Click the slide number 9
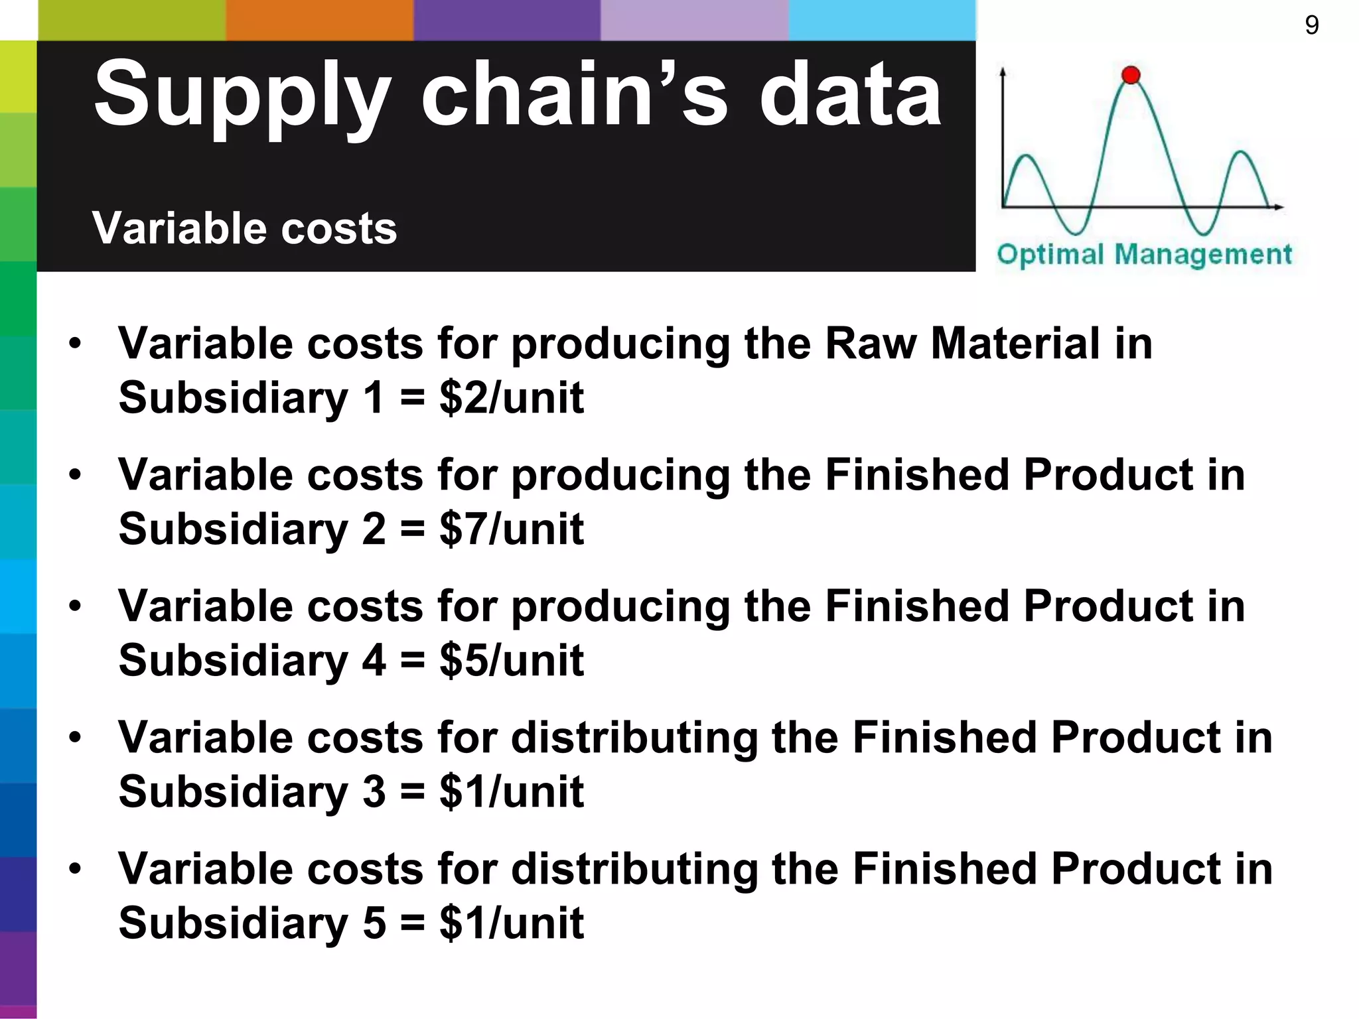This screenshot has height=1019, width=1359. pyautogui.click(x=1311, y=25)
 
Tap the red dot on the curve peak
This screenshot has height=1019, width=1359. pyautogui.click(x=1131, y=75)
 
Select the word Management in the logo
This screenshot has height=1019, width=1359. pyautogui.click(x=1203, y=255)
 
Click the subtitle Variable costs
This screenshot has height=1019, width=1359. pyautogui.click(x=244, y=228)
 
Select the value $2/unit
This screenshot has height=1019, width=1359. pyautogui.click(x=511, y=398)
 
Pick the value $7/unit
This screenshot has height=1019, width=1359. pyautogui.click(x=511, y=529)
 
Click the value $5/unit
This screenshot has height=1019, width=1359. pyautogui.click(x=511, y=661)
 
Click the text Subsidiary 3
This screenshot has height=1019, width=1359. pyautogui.click(x=251, y=792)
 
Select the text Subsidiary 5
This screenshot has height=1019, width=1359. pyautogui.click(x=251, y=923)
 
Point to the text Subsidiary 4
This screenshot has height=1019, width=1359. pyautogui.click(x=251, y=661)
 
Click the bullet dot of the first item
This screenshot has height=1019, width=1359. pyautogui.click(x=75, y=344)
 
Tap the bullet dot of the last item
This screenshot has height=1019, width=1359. pyautogui.click(x=75, y=869)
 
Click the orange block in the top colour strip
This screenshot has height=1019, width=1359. pyautogui.click(x=319, y=20)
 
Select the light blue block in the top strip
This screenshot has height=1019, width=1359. pyautogui.click(x=882, y=20)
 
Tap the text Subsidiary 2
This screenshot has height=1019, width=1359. pyautogui.click(x=251, y=529)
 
